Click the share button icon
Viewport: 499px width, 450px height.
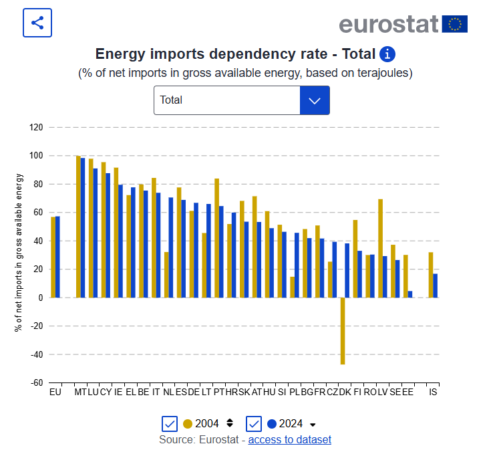[37, 23]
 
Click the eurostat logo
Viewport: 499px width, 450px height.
[403, 24]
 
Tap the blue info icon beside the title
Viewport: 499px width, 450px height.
[387, 54]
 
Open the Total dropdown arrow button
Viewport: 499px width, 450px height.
[315, 100]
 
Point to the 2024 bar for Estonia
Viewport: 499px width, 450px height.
[409, 294]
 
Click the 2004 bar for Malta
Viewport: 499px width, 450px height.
[78, 227]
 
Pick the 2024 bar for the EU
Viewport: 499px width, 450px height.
[57, 257]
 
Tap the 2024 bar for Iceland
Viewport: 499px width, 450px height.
[435, 286]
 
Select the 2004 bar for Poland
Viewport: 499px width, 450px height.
[293, 287]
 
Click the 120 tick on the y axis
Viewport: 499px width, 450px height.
[36, 127]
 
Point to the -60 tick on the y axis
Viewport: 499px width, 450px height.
[36, 383]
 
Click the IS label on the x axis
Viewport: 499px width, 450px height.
[433, 392]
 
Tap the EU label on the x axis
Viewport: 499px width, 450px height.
[55, 392]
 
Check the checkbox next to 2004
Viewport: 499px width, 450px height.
[170, 424]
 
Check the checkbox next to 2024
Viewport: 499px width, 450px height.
[253, 424]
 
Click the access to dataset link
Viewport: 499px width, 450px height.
[289, 439]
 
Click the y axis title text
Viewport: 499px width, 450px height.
[19, 253]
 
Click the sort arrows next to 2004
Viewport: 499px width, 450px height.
[230, 423]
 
